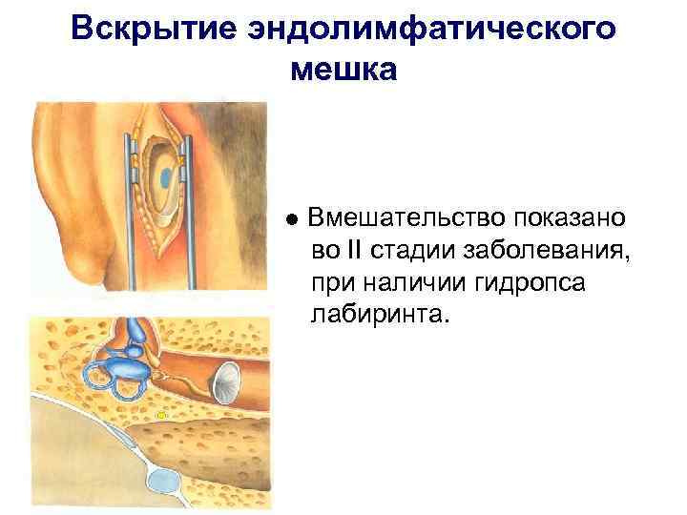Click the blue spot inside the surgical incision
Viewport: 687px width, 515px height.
[x=167, y=177]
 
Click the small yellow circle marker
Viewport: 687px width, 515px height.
[x=161, y=415]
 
